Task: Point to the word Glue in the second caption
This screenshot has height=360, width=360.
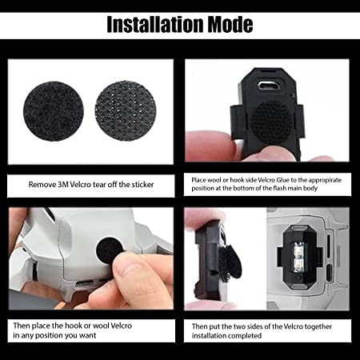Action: click(290, 180)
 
